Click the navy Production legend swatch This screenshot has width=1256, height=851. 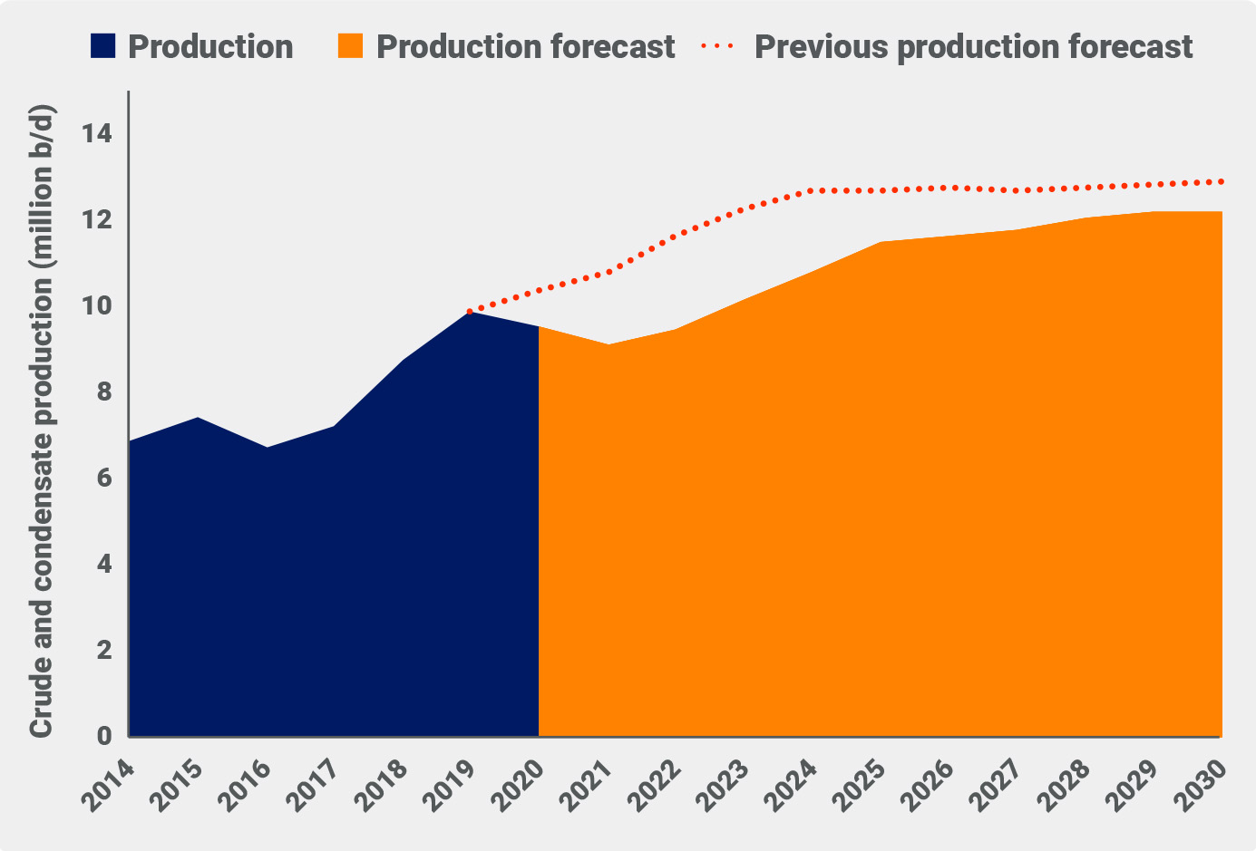[x=104, y=46]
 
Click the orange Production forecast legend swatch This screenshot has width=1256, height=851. [x=351, y=46]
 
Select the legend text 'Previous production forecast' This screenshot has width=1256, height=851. [x=973, y=46]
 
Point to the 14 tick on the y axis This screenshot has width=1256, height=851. [x=96, y=134]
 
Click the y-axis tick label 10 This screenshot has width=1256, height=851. [x=96, y=306]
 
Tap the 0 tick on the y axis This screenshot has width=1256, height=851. [x=103, y=737]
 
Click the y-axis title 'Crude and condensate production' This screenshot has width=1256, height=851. [x=42, y=421]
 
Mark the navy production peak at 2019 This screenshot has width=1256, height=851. [x=471, y=312]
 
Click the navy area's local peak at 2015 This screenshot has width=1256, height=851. [x=198, y=418]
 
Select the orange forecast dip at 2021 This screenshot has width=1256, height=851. [x=608, y=344]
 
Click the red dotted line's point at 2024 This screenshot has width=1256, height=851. [x=812, y=190]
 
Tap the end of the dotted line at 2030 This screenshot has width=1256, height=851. [x=1221, y=181]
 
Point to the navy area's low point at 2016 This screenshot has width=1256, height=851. [x=267, y=448]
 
